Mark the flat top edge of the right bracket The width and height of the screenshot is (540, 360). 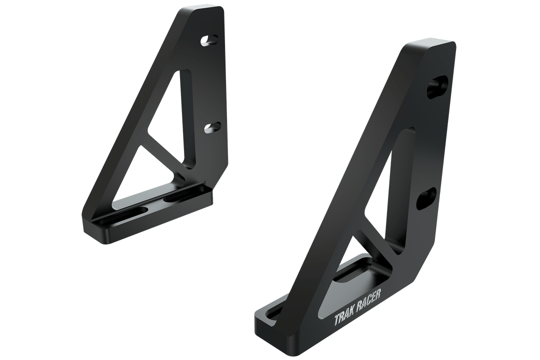pos(430,46)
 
